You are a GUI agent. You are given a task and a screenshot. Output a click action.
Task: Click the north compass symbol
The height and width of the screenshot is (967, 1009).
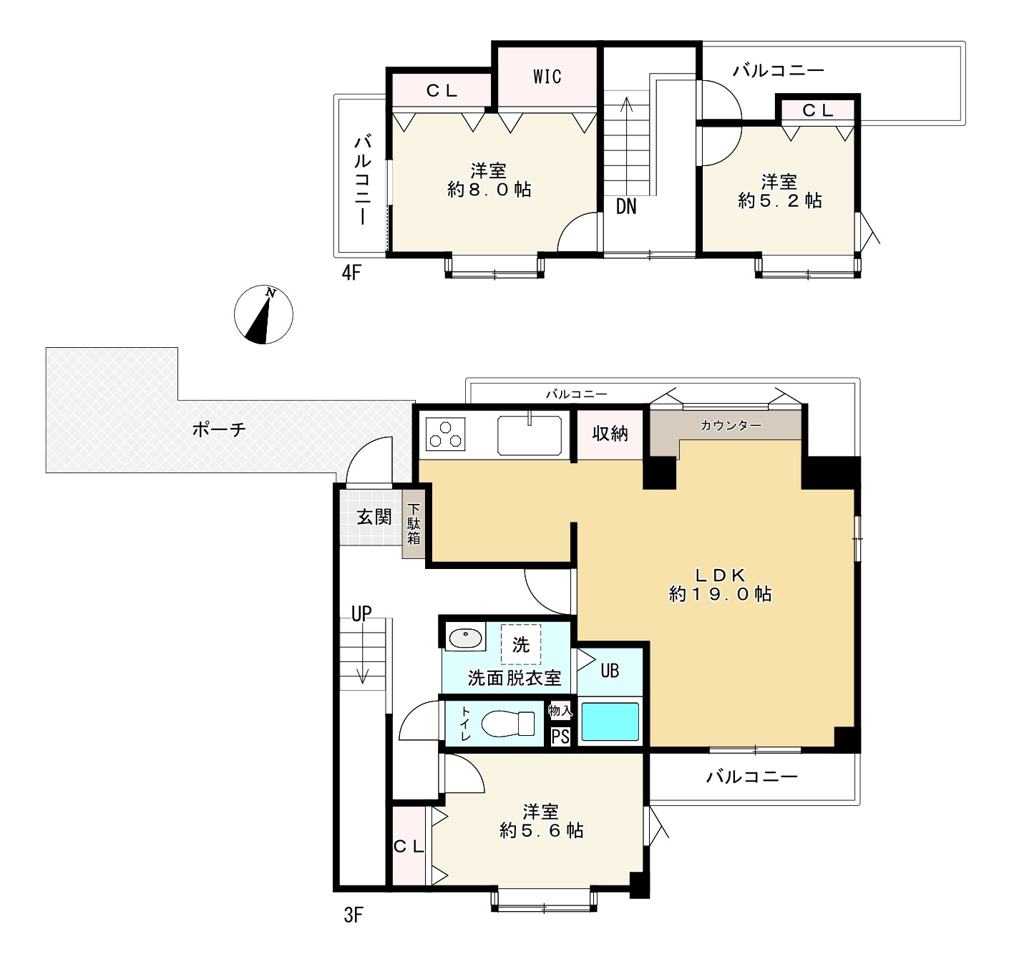[263, 314]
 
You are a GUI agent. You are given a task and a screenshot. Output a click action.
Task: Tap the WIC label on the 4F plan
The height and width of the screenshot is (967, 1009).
[547, 77]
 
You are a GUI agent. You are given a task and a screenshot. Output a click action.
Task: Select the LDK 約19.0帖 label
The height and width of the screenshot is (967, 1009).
[720, 584]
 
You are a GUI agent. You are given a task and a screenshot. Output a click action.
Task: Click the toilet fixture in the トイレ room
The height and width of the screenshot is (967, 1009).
[507, 723]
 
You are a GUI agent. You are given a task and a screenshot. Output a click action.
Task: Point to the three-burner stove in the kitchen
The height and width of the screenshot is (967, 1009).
[445, 434]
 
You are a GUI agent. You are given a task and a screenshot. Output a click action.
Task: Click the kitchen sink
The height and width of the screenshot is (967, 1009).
[530, 435]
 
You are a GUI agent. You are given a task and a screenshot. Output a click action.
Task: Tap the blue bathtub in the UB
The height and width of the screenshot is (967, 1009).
[610, 721]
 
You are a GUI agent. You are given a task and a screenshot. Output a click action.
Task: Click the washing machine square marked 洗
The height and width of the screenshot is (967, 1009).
[520, 644]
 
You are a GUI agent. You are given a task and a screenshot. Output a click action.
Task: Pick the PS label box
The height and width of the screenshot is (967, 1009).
[560, 737]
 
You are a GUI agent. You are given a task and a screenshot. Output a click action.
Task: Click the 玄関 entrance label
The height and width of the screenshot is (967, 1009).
[374, 516]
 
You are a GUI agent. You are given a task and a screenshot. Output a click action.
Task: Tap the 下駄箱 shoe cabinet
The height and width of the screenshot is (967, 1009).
[413, 524]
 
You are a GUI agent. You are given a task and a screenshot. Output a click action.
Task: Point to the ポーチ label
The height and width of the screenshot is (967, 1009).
[218, 429]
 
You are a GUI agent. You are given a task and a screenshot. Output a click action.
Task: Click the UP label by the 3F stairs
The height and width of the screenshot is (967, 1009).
[361, 614]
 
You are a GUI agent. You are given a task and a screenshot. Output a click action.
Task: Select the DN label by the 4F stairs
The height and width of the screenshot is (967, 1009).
[626, 207]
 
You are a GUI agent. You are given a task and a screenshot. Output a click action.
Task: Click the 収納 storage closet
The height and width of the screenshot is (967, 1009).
[610, 434]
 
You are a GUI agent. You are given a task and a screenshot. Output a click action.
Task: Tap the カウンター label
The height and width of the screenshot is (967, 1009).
[731, 426]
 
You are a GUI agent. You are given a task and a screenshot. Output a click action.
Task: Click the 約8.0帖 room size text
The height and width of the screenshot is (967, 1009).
[489, 190]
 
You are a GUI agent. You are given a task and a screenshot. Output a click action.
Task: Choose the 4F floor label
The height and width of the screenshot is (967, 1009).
[351, 273]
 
